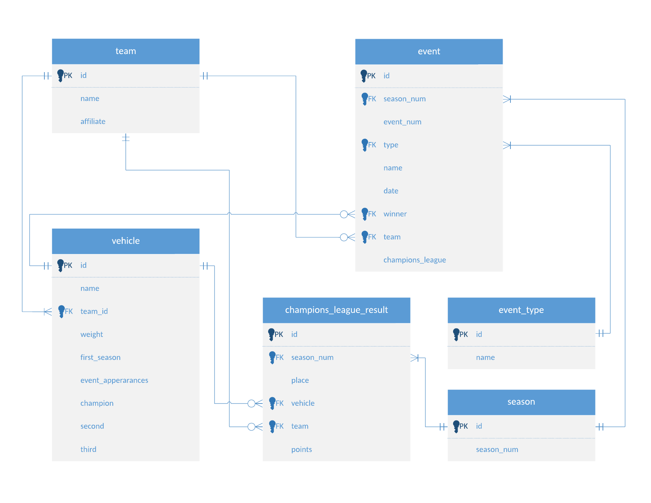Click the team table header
tap(125, 51)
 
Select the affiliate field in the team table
tap(93, 121)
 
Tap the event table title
tap(429, 51)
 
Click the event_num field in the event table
tap(402, 122)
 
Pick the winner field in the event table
tap(395, 214)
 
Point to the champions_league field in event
tap(414, 260)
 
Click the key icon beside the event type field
tap(364, 145)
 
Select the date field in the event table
tap(391, 191)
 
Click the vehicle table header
tap(125, 241)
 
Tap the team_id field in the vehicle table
tap(94, 311)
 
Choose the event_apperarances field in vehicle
tap(114, 380)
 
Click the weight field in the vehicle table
tap(91, 334)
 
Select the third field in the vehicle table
tap(88, 449)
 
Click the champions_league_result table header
tap(336, 310)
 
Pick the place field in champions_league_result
tap(300, 380)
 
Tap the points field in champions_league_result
tap(301, 449)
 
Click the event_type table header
tap(521, 310)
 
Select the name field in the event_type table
tap(485, 357)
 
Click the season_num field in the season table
tap(497, 449)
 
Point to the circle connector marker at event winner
tap(344, 214)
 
